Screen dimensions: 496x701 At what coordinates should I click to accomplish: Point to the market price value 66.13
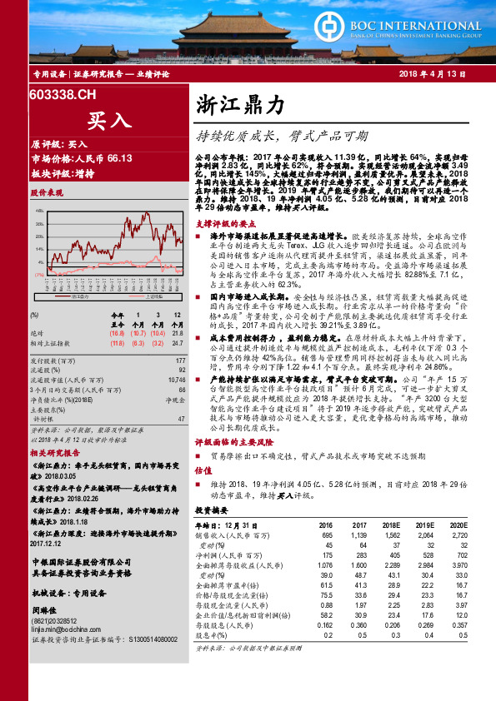coord(120,157)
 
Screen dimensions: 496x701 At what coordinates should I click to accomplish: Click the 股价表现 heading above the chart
coord(47,193)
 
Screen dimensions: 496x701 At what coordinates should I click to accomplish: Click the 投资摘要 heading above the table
coord(210,509)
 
